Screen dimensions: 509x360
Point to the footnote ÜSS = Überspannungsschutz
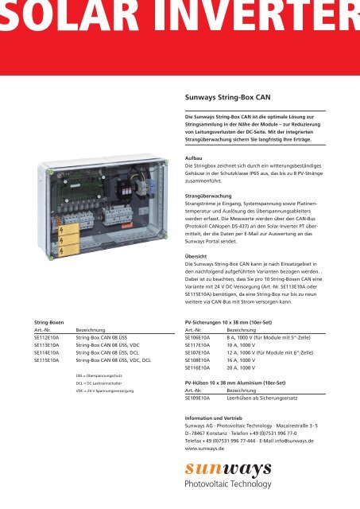point(102,373)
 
